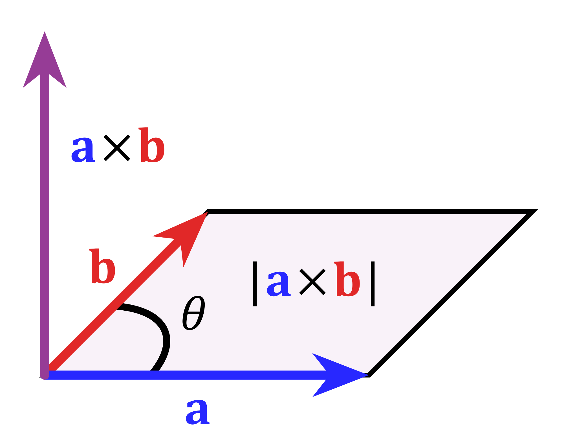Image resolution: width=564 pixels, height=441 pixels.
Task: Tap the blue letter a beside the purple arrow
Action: [x=83, y=150]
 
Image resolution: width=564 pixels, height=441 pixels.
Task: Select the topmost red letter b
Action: [x=152, y=146]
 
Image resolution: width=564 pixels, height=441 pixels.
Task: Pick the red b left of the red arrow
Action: [x=103, y=267]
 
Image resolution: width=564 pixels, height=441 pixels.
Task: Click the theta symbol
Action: [x=193, y=313]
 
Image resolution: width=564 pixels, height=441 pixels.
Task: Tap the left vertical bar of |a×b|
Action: [x=255, y=284]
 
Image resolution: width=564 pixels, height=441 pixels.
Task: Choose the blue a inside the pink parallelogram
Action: [x=279, y=284]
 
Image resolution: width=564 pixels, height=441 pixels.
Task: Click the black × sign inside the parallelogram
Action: [x=312, y=282]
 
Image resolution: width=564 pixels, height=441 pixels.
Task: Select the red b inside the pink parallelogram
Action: [x=347, y=280]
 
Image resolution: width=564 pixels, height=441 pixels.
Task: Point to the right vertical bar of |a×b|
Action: [x=373, y=284]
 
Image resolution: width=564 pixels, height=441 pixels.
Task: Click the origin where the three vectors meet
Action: [x=45, y=375]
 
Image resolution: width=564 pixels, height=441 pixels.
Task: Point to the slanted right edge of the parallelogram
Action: [x=447, y=293]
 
